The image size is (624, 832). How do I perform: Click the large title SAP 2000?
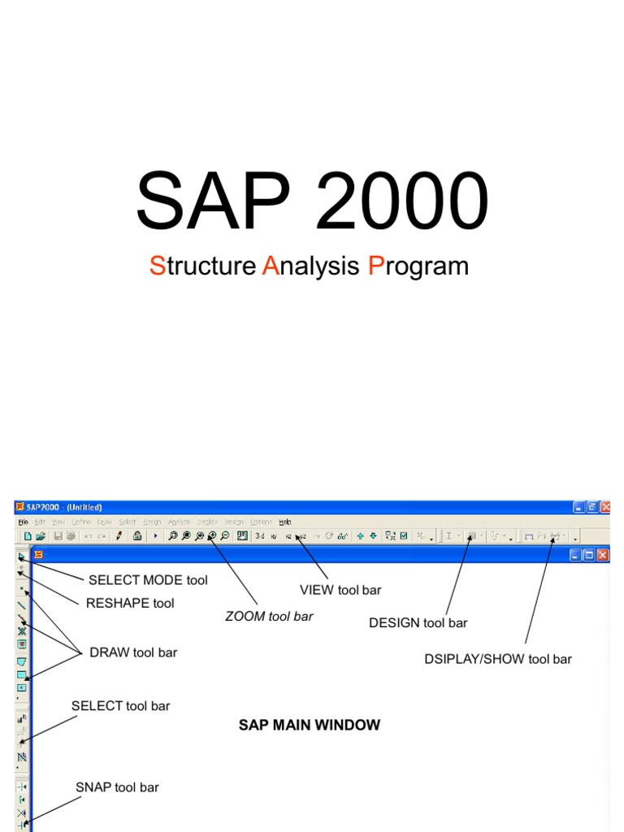[312, 201]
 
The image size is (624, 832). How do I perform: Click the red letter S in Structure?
[157, 266]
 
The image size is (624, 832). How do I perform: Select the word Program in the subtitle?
[418, 266]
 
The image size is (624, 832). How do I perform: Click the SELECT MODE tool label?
[148, 580]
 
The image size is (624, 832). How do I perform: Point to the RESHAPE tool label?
[130, 603]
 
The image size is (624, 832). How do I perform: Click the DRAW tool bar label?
[133, 652]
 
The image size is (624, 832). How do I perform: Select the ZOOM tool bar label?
[269, 617]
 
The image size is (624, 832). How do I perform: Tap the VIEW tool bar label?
[340, 590]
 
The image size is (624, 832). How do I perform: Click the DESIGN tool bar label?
[418, 623]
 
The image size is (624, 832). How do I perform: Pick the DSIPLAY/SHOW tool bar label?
[498, 659]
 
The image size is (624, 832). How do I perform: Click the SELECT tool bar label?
[120, 706]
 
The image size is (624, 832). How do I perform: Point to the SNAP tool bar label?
[117, 787]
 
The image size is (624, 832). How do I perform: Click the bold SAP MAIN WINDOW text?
[310, 725]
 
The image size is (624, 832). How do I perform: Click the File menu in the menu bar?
[22, 522]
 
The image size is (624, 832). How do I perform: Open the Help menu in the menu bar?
[284, 522]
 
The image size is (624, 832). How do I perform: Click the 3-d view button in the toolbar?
[259, 536]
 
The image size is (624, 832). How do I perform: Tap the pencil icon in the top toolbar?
[119, 536]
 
